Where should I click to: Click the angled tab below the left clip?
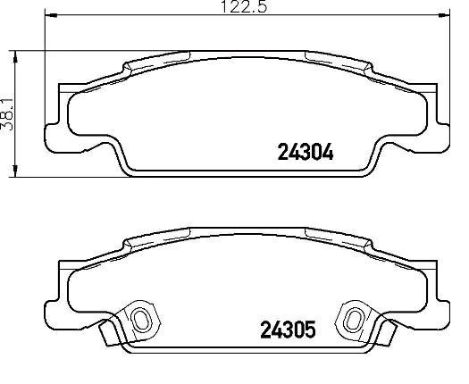coord(109,331)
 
